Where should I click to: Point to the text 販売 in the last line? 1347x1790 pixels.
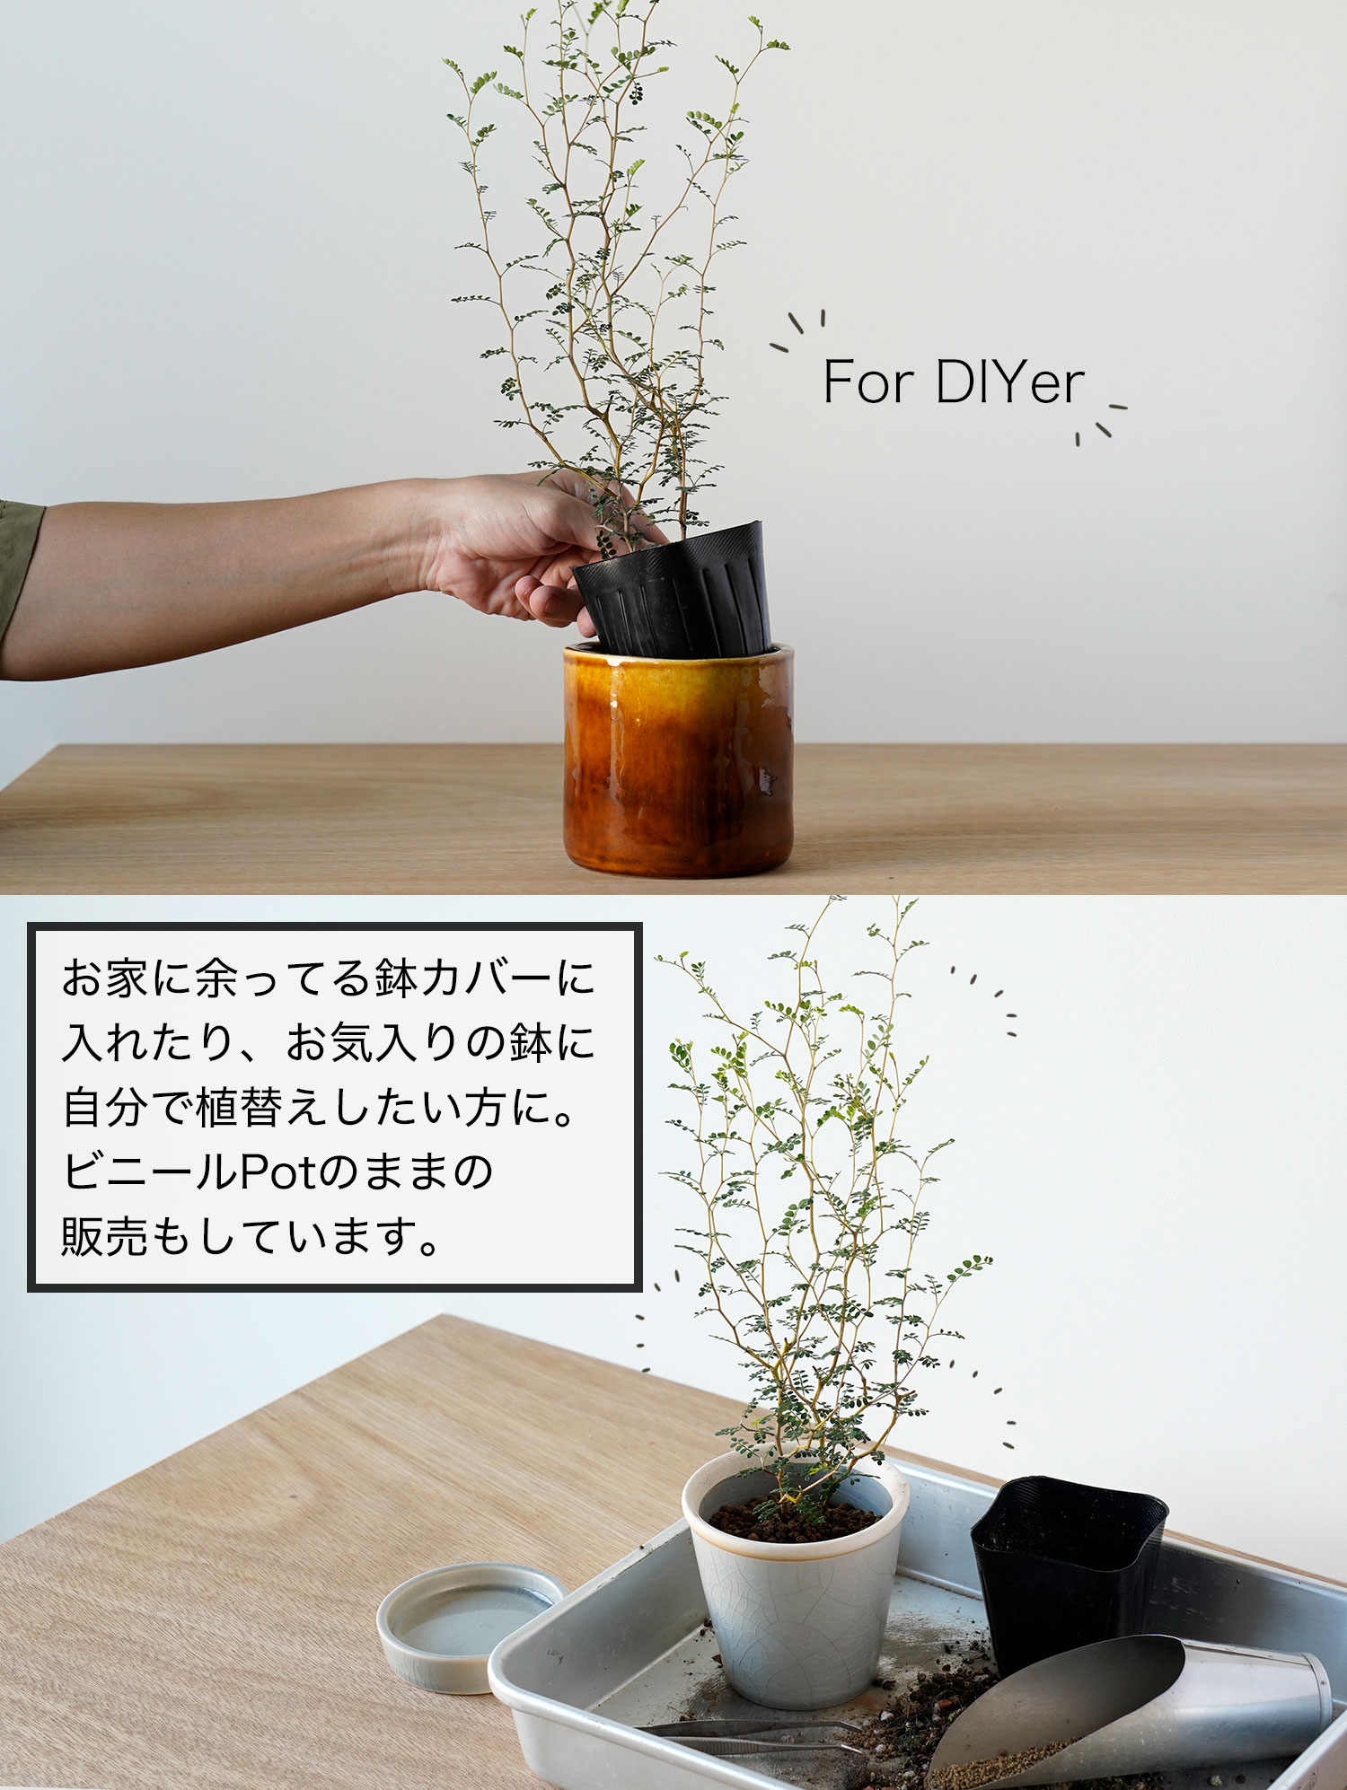[105, 1236]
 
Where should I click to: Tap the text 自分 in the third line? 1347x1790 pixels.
[105, 1107]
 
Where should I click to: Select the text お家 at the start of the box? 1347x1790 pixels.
[105, 978]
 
